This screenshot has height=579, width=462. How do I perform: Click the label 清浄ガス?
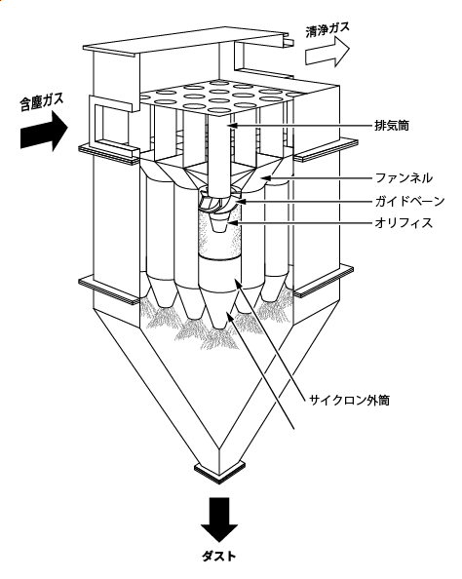pos(327,29)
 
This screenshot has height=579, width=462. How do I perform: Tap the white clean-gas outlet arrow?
pos(327,53)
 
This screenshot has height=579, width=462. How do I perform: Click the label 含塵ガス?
pos(41,101)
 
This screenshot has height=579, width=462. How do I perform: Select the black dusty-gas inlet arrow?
pos(44,132)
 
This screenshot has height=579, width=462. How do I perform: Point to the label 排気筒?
pos(392,126)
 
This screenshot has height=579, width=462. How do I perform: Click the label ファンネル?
pos(404,178)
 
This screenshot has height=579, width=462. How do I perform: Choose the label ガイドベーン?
pos(409,201)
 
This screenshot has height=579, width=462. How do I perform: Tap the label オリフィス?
pos(404,222)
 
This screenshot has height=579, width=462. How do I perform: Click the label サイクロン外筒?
pos(349,400)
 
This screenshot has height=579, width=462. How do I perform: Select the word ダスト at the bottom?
pos(219,556)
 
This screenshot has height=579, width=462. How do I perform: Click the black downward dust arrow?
pos(219,520)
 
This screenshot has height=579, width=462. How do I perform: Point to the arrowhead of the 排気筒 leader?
pos(231,126)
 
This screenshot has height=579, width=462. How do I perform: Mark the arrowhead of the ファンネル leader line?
pos(265,178)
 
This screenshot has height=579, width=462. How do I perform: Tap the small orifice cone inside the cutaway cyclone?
pos(218,223)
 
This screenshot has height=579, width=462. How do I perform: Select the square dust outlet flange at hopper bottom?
pos(220,471)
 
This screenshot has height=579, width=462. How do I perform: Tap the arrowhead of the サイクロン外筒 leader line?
pos(237,285)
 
